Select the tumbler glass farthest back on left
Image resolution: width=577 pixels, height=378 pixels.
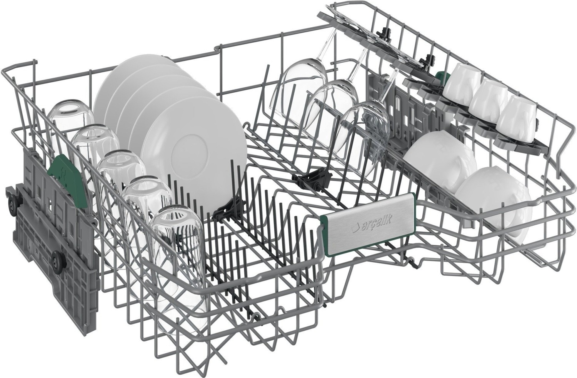pyautogui.click(x=70, y=123)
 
